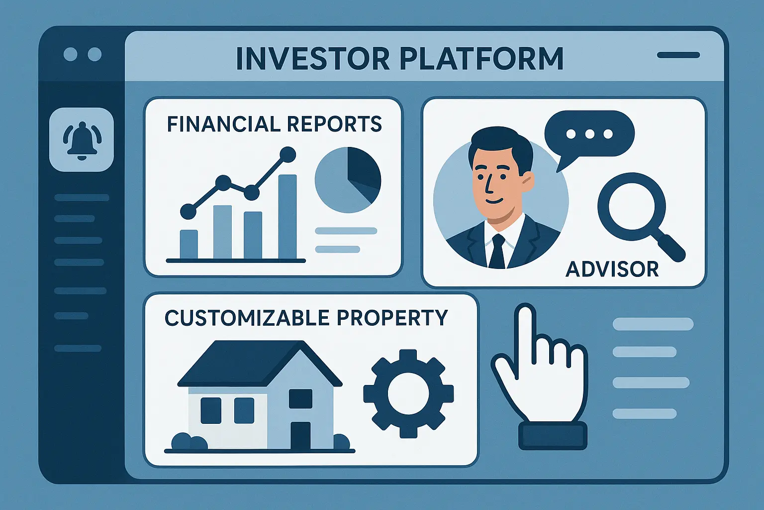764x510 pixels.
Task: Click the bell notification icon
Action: click(x=82, y=140)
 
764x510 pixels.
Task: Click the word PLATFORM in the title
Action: click(x=481, y=59)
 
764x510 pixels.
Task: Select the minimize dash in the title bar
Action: click(x=678, y=55)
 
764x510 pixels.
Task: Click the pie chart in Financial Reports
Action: click(x=348, y=180)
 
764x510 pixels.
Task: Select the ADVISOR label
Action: click(x=612, y=269)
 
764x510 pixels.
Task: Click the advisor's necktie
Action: click(x=497, y=252)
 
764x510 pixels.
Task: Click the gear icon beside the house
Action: click(x=408, y=393)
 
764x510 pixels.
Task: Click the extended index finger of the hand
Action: click(x=525, y=329)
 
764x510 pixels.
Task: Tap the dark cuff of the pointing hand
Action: click(x=553, y=435)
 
